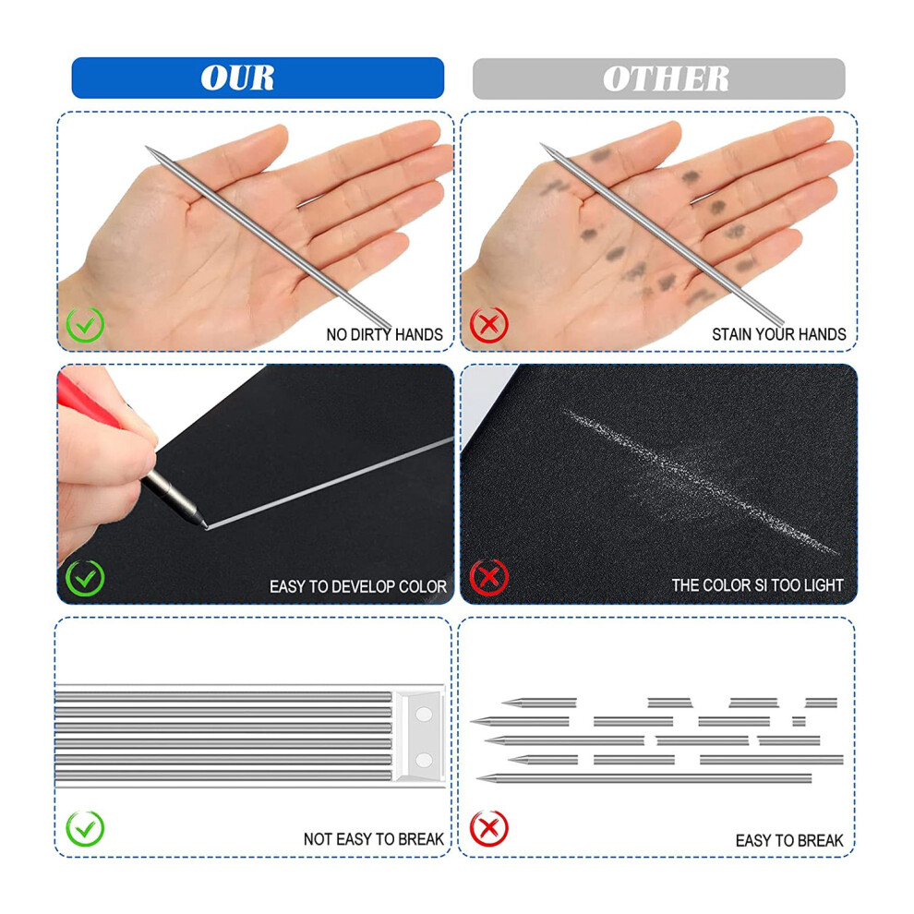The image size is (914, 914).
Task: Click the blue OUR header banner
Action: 258,78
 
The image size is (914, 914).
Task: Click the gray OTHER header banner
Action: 658,78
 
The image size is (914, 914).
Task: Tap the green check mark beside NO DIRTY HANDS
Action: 85,324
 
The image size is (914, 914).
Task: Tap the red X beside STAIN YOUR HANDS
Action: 489,324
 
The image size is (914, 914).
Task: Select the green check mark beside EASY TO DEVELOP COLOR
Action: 85,578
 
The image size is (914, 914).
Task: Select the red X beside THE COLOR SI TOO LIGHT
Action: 489,577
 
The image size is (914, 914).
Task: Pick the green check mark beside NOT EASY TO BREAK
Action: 85,828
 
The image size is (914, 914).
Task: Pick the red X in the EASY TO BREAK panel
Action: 489,828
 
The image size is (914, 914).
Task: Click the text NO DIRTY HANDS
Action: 385,334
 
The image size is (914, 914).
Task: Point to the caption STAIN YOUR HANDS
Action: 779,334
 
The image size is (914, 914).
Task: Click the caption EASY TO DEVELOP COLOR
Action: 358,586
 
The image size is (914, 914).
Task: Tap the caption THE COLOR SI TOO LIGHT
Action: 757,585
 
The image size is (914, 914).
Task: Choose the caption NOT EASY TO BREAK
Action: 374,839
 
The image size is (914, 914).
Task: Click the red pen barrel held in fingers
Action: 88,403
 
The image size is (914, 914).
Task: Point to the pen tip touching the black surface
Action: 205,526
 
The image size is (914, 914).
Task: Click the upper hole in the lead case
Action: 424,714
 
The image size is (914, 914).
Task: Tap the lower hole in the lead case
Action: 424,760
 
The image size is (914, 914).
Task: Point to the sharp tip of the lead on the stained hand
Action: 542,144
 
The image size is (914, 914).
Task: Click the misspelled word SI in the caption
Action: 758,585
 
